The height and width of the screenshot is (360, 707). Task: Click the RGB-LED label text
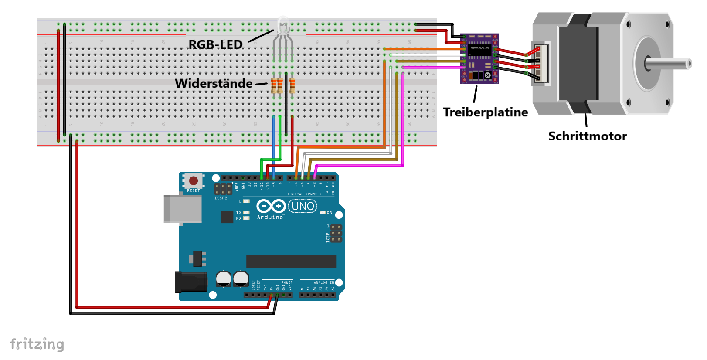click(x=215, y=44)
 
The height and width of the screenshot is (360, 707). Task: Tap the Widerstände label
click(x=214, y=83)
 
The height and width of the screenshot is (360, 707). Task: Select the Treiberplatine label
click(x=485, y=112)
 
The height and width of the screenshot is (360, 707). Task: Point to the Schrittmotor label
click(x=587, y=136)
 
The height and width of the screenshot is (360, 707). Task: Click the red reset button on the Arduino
click(x=194, y=180)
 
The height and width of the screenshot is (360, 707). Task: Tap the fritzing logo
click(x=37, y=344)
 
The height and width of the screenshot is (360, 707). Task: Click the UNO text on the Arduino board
click(x=303, y=206)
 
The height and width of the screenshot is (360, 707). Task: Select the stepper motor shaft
click(x=669, y=64)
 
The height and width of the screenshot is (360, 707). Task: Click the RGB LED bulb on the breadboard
click(x=283, y=25)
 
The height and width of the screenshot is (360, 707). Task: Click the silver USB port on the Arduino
click(x=182, y=209)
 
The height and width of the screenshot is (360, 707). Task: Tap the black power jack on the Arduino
click(x=190, y=282)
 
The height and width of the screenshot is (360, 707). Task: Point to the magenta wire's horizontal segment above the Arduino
click(x=357, y=166)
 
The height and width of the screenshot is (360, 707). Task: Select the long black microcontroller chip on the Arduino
click(x=291, y=262)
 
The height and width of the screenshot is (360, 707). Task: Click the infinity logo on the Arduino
click(x=271, y=206)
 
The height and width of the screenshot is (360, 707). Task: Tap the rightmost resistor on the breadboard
click(x=292, y=85)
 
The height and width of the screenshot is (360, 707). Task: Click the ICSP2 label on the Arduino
click(x=221, y=198)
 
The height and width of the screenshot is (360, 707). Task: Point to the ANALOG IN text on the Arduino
click(x=324, y=282)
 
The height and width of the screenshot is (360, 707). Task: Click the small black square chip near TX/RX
click(x=227, y=217)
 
